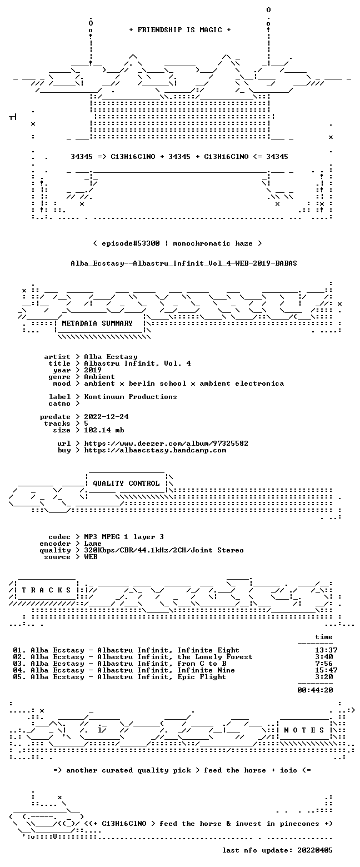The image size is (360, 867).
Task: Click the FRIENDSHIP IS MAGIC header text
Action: [x=180, y=30]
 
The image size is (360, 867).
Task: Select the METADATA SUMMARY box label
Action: [x=97, y=323]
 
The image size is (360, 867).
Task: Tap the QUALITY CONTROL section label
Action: [x=126, y=484]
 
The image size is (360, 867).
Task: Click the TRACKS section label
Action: [x=47, y=590]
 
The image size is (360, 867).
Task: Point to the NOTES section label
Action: [x=304, y=730]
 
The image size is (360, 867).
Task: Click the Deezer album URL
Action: [x=166, y=444]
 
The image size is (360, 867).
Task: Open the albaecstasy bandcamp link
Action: [x=155, y=451]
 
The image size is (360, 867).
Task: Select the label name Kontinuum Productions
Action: [x=131, y=397]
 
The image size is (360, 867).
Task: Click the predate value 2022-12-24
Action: [x=107, y=417]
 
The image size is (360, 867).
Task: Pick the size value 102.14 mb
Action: [x=104, y=430]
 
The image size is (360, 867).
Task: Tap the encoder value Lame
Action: [x=93, y=544]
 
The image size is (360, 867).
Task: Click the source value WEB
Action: [x=91, y=557]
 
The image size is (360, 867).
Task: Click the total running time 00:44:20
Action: [x=315, y=690]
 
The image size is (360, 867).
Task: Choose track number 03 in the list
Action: [x=18, y=664]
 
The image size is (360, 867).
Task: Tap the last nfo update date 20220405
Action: [x=315, y=850]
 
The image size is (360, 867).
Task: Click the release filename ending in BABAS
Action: [x=184, y=263]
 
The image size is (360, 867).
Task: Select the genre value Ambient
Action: [x=99, y=377]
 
